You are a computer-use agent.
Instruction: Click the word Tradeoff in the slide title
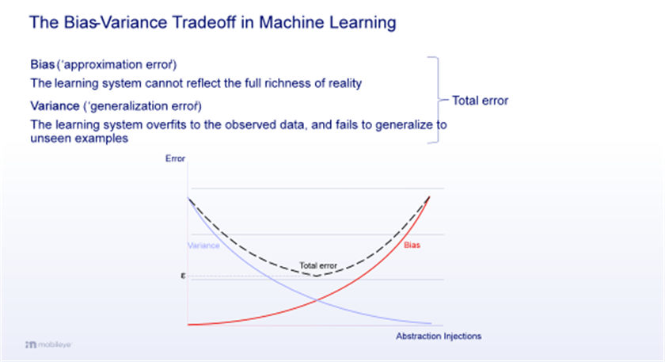[203, 22]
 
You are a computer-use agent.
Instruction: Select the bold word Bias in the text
[43, 64]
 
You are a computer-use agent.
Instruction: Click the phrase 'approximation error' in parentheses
[116, 65]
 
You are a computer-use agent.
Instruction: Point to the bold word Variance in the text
[55, 105]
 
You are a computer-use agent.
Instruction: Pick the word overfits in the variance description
[169, 125]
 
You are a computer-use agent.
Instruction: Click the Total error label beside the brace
[480, 101]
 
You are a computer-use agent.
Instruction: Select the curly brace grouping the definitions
[438, 100]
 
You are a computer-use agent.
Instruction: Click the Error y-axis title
[175, 158]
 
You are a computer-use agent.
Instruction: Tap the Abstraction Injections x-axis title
[439, 336]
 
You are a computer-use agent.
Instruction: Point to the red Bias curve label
[412, 245]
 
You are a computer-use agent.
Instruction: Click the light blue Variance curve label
[203, 246]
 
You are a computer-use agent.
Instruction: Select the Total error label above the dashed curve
[318, 265]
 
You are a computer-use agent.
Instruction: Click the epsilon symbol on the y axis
[183, 276]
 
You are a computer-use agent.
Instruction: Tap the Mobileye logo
[48, 344]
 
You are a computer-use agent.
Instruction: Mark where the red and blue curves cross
[316, 300]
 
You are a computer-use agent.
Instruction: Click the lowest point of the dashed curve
[316, 276]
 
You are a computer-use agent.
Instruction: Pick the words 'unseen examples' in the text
[79, 139]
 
